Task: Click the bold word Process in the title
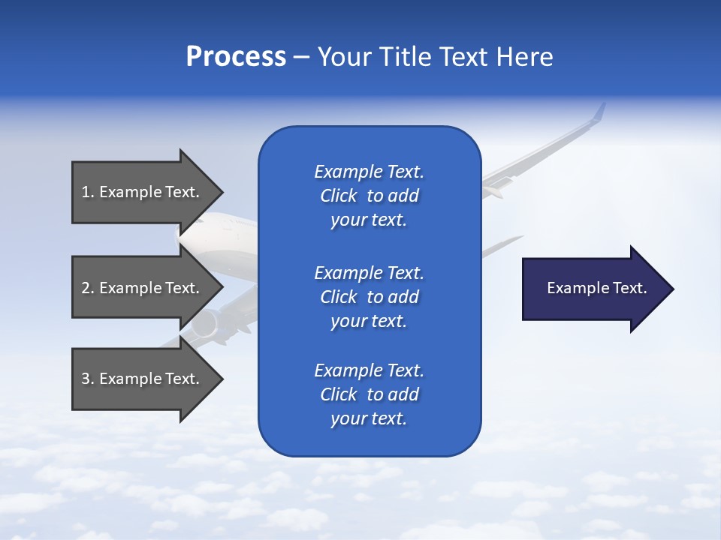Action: tap(236, 57)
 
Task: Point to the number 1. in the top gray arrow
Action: tap(88, 192)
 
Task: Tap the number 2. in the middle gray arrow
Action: tap(88, 288)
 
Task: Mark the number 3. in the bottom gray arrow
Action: tap(88, 379)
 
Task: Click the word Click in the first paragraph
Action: tap(338, 196)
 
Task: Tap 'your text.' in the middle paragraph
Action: tap(369, 321)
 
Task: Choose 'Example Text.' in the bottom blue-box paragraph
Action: tap(369, 370)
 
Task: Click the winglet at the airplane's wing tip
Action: tap(599, 112)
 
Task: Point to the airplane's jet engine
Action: tap(204, 324)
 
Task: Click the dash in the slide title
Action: tap(301, 57)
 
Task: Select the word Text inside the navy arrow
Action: tap(629, 288)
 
